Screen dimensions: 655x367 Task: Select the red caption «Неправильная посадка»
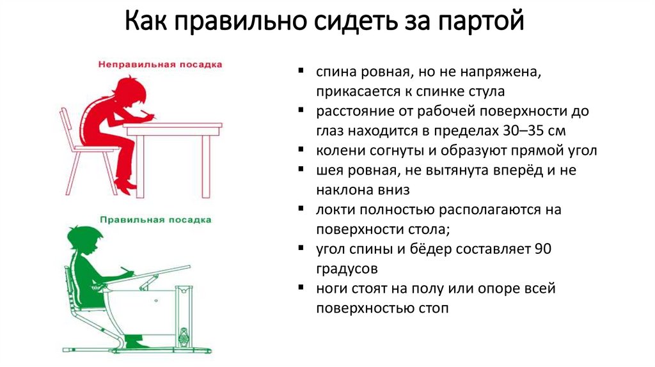pyautogui.click(x=160, y=65)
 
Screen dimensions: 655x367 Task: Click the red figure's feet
pyautogui.click(x=125, y=185)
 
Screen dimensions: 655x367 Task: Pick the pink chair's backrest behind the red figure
pyautogui.click(x=65, y=127)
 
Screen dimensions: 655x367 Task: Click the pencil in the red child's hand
pyautogui.click(x=151, y=115)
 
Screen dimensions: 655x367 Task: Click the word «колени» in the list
pyautogui.click(x=336, y=152)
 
